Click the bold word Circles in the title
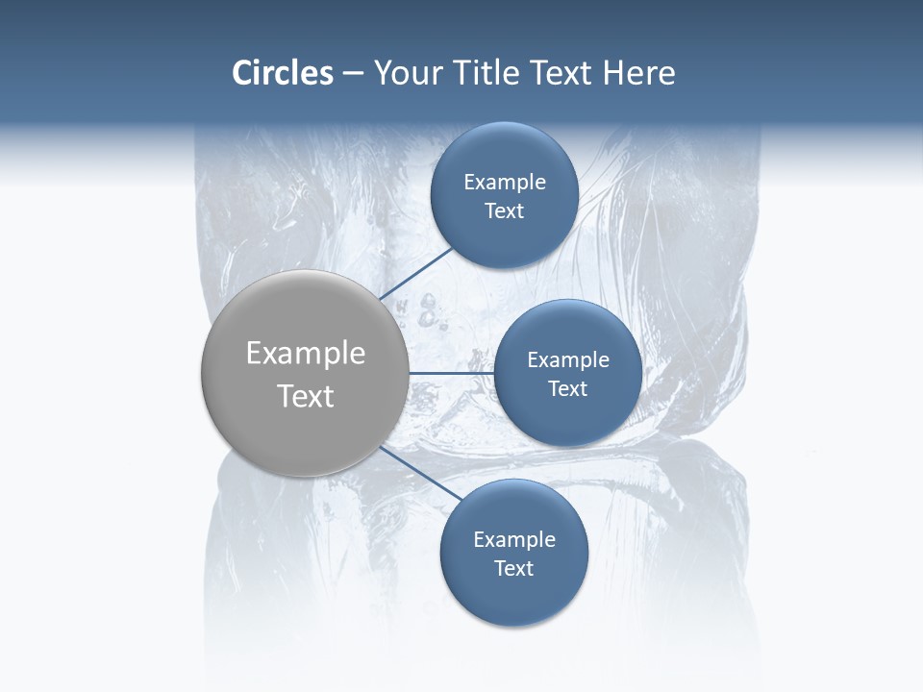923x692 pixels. click(x=282, y=73)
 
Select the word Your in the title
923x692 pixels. click(x=406, y=73)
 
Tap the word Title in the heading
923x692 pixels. click(x=486, y=73)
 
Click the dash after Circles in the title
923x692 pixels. click(x=352, y=74)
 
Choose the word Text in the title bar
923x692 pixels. click(x=561, y=73)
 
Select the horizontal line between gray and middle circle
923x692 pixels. click(x=451, y=373)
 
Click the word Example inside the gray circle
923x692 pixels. click(x=305, y=353)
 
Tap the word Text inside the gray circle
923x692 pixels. click(x=305, y=396)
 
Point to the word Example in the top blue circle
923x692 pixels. click(x=504, y=182)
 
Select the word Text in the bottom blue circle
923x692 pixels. click(x=513, y=568)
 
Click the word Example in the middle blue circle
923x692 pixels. click(x=567, y=359)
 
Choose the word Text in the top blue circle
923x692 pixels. click(x=504, y=210)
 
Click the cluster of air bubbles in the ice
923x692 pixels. click(x=430, y=312)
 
